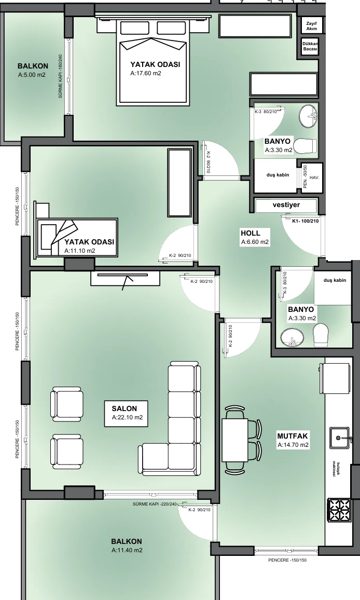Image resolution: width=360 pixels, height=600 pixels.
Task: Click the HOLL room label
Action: click(x=250, y=233)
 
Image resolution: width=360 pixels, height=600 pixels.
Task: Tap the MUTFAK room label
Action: click(x=292, y=436)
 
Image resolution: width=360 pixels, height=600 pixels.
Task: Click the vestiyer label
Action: click(x=286, y=204)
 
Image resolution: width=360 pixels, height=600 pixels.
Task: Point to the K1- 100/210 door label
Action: click(x=306, y=221)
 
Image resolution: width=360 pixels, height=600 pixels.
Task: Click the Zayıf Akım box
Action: click(x=311, y=26)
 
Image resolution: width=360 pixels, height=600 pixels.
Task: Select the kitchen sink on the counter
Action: click(x=340, y=438)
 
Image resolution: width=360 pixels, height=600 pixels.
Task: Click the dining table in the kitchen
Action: click(x=236, y=440)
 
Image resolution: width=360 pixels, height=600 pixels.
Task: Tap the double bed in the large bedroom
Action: click(x=154, y=61)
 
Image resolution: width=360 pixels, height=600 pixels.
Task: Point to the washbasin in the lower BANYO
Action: click(x=292, y=337)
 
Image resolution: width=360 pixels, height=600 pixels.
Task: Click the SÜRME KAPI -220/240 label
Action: click(x=155, y=504)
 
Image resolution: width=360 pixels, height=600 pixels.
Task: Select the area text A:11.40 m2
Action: click(x=127, y=550)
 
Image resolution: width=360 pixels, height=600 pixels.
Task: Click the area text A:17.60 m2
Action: click(x=146, y=73)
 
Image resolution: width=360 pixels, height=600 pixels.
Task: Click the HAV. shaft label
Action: click(x=314, y=178)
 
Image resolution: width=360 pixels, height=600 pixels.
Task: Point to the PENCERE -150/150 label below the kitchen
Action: click(x=287, y=560)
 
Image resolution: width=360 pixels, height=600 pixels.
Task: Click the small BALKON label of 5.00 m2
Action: click(x=33, y=66)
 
